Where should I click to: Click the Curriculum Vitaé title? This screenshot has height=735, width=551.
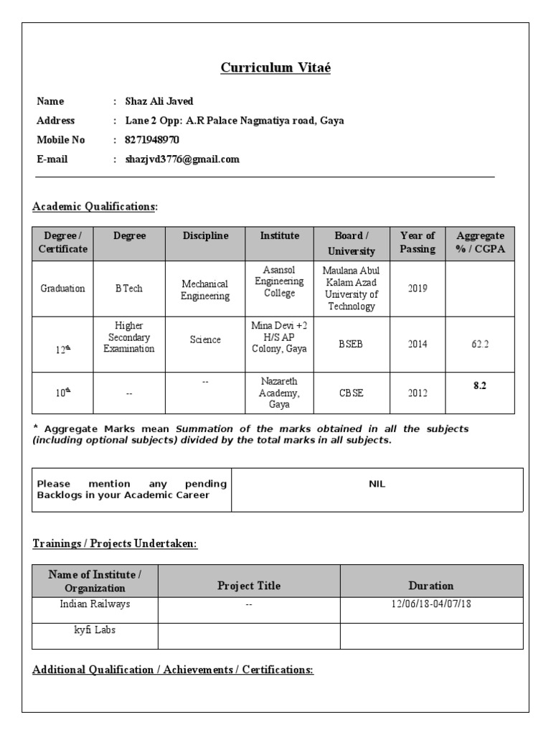click(x=275, y=68)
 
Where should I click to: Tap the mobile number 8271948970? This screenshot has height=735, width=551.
click(x=152, y=140)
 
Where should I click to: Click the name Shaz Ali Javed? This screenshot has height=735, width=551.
click(x=159, y=101)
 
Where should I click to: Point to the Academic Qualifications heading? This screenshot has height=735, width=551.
click(x=94, y=207)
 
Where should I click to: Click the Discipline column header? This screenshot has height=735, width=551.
click(x=205, y=236)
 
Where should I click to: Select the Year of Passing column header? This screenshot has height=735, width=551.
click(x=418, y=243)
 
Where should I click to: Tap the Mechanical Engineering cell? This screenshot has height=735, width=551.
click(x=205, y=289)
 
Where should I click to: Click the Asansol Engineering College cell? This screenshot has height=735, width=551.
click(x=279, y=283)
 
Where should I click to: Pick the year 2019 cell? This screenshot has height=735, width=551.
click(x=418, y=289)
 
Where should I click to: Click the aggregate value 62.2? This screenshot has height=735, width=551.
click(x=480, y=344)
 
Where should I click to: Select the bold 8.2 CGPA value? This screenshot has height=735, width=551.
click(x=480, y=385)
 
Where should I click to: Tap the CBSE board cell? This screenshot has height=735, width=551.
click(x=352, y=393)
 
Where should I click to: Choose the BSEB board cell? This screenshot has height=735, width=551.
click(x=352, y=344)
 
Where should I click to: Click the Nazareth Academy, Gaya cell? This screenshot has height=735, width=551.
click(x=279, y=393)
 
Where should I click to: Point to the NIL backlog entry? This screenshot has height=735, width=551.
click(x=377, y=484)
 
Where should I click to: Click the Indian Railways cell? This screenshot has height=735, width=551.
click(x=95, y=604)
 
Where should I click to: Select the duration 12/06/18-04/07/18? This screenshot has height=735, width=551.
click(x=431, y=604)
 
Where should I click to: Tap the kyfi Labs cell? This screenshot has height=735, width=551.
click(x=95, y=630)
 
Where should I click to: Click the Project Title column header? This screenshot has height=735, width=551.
click(x=249, y=586)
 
